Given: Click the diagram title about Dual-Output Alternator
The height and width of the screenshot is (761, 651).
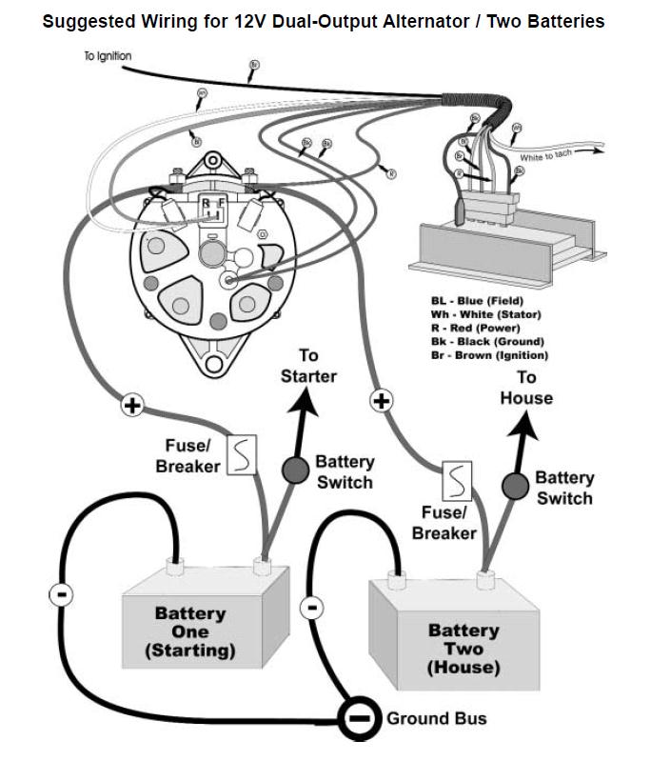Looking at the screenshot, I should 324,20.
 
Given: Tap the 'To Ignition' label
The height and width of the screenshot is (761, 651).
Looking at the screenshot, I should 107,57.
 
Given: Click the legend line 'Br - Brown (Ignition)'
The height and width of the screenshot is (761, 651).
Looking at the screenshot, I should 489,354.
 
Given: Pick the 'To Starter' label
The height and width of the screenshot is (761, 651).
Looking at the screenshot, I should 308,366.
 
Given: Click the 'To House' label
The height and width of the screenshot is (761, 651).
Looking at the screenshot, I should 526,388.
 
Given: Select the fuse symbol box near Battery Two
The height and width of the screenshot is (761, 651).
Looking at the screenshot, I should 459,482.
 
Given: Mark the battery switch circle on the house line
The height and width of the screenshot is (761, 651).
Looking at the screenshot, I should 515,486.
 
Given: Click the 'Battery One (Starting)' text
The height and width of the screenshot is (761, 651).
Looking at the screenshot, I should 190,632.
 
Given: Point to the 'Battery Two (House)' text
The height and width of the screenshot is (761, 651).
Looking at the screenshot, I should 464,649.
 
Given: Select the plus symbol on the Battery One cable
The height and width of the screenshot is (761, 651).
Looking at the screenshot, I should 132,407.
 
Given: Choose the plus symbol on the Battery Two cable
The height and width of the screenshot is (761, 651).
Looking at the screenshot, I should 382,401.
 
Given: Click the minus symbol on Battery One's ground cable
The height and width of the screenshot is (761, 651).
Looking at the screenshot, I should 59,594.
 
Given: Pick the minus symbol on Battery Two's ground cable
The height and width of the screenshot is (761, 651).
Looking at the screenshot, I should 312,607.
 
